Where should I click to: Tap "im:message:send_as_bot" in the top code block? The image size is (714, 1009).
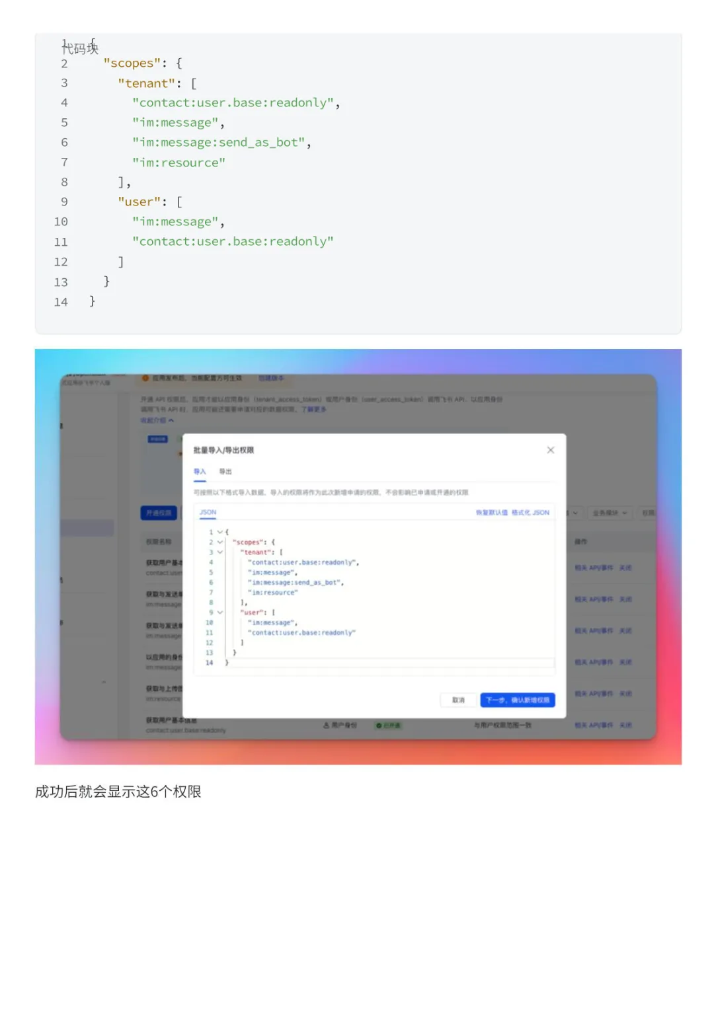tap(221, 143)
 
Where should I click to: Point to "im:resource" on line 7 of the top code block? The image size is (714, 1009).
tap(178, 163)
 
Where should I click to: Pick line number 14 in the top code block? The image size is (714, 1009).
tap(61, 302)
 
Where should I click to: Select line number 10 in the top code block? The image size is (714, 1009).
tap(61, 222)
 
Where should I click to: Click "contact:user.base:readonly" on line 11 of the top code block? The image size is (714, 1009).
tap(233, 242)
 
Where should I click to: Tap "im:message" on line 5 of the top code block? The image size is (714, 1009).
tap(175, 123)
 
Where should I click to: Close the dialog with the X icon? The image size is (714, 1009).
tap(550, 450)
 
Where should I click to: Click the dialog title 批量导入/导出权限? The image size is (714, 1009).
tap(223, 451)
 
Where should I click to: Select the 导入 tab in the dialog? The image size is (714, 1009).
tap(200, 472)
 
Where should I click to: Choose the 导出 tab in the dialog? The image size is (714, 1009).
tap(225, 472)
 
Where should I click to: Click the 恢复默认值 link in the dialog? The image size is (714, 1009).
tap(492, 513)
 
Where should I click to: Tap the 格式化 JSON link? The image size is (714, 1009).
tap(530, 513)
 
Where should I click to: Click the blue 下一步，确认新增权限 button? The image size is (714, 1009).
tap(517, 700)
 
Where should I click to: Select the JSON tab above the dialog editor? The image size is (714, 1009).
tap(208, 513)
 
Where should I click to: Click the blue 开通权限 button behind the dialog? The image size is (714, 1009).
tap(159, 513)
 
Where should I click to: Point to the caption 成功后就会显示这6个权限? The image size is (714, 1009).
tap(118, 792)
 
